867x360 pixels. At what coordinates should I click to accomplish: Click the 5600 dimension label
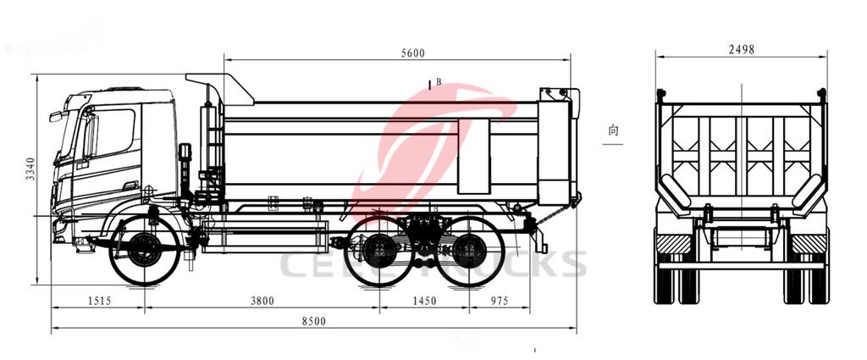pyautogui.click(x=413, y=53)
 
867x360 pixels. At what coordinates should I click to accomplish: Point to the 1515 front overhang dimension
pyautogui.click(x=98, y=300)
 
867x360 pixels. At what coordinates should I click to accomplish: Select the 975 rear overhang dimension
pyautogui.click(x=499, y=300)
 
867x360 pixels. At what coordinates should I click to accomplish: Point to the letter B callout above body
pyautogui.click(x=438, y=83)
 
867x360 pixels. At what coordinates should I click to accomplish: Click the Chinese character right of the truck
pyautogui.click(x=612, y=131)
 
